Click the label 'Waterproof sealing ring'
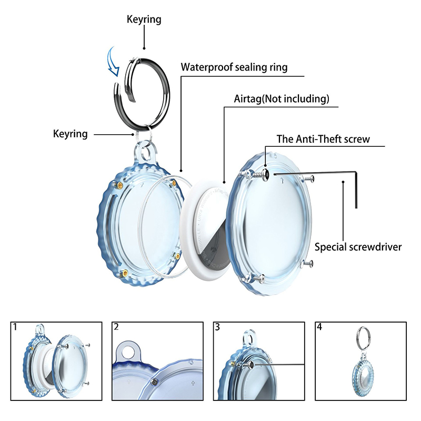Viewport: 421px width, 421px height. click(x=234, y=67)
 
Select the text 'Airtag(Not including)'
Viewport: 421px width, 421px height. click(x=282, y=98)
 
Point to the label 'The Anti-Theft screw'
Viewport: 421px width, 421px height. click(x=323, y=139)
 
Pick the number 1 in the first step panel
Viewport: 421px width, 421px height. click(x=15, y=327)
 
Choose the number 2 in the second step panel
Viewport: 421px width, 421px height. click(x=116, y=327)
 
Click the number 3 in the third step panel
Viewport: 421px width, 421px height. click(x=217, y=327)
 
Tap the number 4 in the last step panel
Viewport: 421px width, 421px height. click(x=318, y=327)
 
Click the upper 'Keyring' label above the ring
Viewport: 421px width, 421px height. click(x=144, y=20)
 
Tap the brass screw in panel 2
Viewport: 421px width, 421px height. click(x=156, y=381)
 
